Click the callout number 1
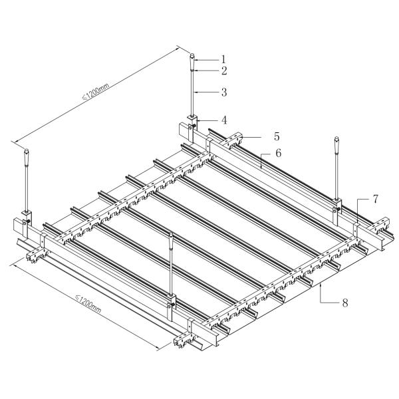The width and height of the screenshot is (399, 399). (x=224, y=59)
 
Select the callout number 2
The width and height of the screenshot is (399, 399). (x=224, y=70)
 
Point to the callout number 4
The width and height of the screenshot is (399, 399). (x=224, y=120)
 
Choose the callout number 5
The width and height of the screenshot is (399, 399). (x=276, y=136)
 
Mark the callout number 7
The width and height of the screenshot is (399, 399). (x=376, y=199)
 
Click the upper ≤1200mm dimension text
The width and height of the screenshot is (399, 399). (x=94, y=88)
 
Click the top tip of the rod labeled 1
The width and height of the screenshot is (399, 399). (x=191, y=56)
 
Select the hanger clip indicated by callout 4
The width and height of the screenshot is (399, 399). (x=192, y=123)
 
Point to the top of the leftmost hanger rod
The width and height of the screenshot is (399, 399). (x=26, y=152)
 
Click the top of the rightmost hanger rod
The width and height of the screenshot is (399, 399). (x=337, y=139)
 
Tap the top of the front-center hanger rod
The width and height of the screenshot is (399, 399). (x=172, y=235)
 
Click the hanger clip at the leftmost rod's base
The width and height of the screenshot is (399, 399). (x=27, y=216)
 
